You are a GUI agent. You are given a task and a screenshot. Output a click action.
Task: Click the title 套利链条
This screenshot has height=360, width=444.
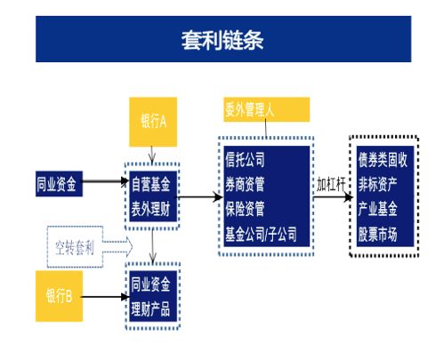point(222,40)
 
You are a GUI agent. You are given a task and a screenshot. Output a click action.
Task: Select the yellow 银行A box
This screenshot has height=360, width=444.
point(153,122)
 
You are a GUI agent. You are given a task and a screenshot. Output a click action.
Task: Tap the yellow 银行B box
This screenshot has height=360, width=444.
point(59,296)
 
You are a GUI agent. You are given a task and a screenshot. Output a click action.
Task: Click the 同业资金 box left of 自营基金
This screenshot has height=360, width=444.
point(59,184)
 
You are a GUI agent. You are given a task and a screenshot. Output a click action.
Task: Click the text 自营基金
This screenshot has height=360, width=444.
point(151,184)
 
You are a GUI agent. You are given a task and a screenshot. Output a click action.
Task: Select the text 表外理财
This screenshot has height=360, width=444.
point(151,209)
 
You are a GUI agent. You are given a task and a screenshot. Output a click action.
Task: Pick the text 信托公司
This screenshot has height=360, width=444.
point(245,159)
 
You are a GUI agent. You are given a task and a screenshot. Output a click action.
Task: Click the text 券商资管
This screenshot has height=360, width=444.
point(245,184)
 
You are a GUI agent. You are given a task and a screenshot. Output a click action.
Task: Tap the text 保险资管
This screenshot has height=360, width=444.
point(245,209)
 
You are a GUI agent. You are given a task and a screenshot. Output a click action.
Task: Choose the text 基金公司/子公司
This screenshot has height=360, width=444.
point(261,234)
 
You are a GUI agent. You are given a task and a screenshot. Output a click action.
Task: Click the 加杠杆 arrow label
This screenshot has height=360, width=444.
point(331,184)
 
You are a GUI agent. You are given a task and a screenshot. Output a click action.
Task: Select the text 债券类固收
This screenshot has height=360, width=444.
point(383,159)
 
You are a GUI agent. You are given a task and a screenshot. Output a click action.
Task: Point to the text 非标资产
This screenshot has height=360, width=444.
point(378,184)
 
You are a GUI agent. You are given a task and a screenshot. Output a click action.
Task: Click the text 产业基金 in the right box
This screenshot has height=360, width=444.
point(378,209)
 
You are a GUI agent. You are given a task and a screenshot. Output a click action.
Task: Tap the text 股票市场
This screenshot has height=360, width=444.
point(378,234)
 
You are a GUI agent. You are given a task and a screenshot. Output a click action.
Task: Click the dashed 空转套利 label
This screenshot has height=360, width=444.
point(75,247)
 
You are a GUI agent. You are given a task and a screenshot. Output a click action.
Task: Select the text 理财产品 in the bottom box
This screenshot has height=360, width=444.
point(151,308)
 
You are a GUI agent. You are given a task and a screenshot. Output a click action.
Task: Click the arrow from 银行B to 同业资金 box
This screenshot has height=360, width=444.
point(105,297)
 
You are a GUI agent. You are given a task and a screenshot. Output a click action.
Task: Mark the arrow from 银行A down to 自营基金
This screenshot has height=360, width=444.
point(152,155)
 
